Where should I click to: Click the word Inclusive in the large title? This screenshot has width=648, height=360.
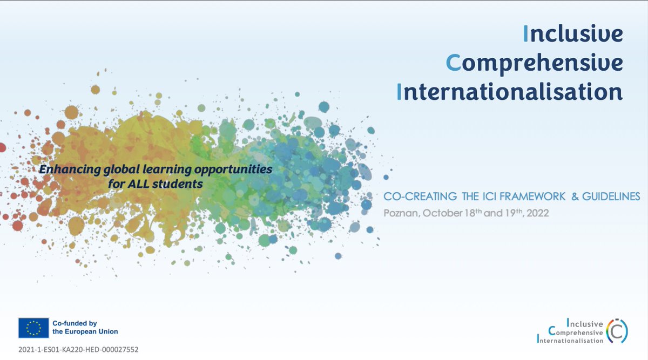point(573,34)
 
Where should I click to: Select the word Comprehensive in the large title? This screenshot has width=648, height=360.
point(535,63)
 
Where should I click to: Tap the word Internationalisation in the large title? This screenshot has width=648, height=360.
point(510,91)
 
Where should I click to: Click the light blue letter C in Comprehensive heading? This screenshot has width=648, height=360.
point(453,63)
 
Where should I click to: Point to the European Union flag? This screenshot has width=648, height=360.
point(33,327)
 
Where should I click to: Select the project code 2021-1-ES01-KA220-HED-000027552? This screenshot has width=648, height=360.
point(78,350)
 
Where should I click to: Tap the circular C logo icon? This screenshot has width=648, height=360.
point(617,330)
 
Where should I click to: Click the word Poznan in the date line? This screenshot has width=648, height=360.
point(401,213)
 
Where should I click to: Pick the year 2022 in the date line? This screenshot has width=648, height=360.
point(538,213)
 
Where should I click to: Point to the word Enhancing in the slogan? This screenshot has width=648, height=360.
point(64,169)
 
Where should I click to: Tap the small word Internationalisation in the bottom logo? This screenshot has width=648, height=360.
point(570,340)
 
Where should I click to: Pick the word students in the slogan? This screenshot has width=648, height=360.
point(177,184)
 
